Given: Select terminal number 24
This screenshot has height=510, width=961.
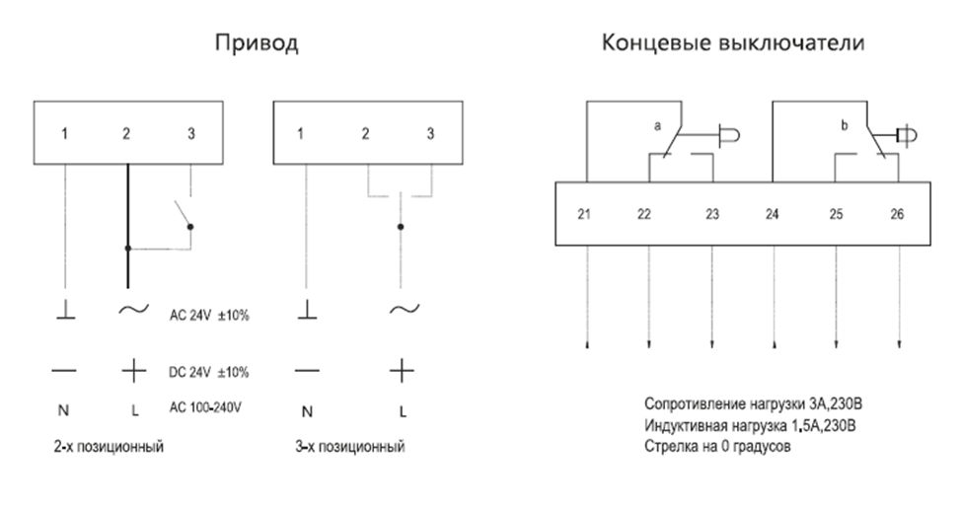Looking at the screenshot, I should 773,215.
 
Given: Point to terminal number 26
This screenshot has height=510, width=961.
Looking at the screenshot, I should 897,215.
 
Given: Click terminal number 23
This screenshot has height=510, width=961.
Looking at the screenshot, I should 712,215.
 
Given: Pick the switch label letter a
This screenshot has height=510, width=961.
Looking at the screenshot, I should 656,126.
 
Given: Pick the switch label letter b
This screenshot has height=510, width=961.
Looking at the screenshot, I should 845,126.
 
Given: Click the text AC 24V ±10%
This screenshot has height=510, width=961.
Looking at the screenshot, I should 209,317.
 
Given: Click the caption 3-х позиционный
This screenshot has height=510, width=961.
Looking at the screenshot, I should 351,447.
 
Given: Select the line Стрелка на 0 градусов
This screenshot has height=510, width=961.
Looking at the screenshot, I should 717,446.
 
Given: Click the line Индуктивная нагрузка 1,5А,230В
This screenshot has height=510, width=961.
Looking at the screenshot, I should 750,425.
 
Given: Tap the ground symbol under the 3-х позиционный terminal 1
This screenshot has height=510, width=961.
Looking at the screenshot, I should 308,312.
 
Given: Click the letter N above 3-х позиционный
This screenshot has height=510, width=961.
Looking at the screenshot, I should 308,409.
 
